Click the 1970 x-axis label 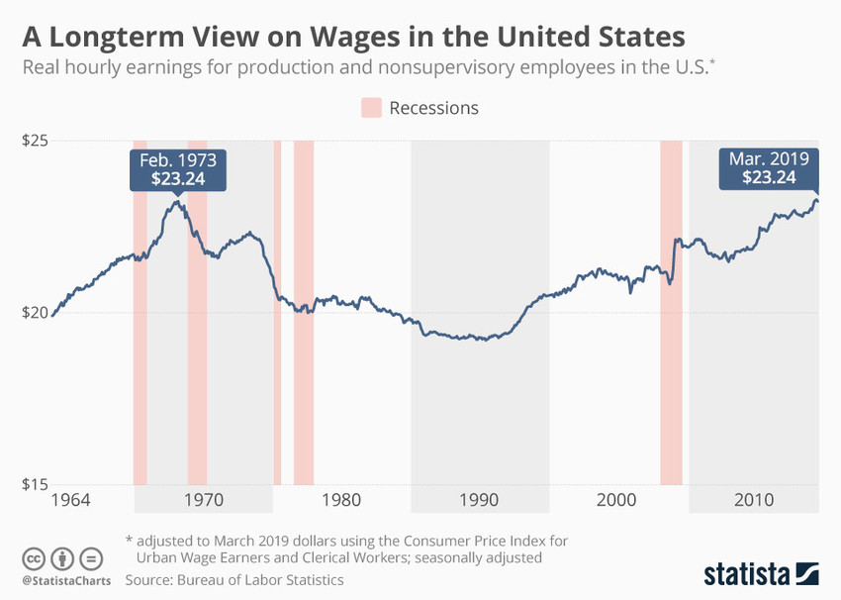pyautogui.click(x=202, y=500)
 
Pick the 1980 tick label pyautogui.click(x=340, y=500)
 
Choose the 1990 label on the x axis pyautogui.click(x=479, y=500)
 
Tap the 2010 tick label pyautogui.click(x=755, y=500)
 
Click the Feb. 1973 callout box pyautogui.click(x=178, y=169)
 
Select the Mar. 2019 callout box pyautogui.click(x=769, y=168)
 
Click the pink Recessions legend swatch pyautogui.click(x=370, y=108)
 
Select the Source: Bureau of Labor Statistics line pyautogui.click(x=234, y=579)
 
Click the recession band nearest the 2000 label pyautogui.click(x=671, y=313)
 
